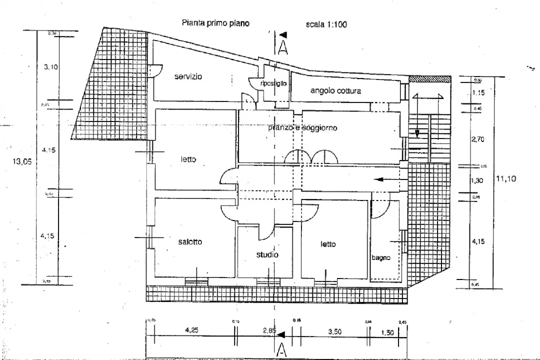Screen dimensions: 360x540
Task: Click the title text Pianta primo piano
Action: click(215, 23)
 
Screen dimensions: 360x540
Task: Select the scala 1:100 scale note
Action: click(326, 24)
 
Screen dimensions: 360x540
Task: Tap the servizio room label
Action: click(188, 76)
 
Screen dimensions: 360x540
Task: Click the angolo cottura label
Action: click(335, 91)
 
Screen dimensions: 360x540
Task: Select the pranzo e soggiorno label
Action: click(302, 128)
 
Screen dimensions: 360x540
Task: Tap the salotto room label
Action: click(190, 242)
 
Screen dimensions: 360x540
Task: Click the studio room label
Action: click(267, 254)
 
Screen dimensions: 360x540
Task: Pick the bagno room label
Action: click(381, 258)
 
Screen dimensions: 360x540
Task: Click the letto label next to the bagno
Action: click(328, 244)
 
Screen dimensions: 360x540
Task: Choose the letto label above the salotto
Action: click(188, 159)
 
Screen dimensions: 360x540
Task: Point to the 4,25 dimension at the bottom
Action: click(192, 330)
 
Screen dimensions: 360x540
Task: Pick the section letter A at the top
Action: click(282, 47)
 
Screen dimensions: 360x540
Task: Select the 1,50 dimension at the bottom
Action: click(386, 331)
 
